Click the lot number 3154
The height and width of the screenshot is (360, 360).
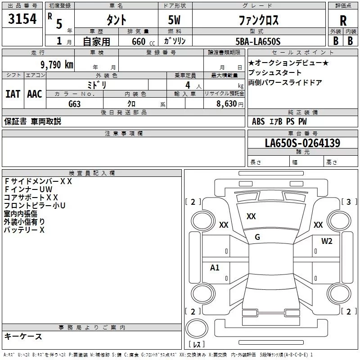pyautogui.click(x=22, y=19)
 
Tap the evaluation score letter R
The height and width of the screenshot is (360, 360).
pyautogui.click(x=343, y=21)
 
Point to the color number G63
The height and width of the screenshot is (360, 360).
pyautogui.click(x=75, y=103)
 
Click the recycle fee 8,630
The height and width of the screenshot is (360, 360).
pyautogui.click(x=226, y=103)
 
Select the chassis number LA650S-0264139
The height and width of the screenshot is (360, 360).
pyautogui.click(x=302, y=144)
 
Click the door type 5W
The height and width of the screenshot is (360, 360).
pyautogui.click(x=175, y=20)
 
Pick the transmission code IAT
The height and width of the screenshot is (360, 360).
pyautogui.click(x=13, y=94)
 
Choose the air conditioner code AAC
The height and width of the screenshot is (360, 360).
pyautogui.click(x=35, y=94)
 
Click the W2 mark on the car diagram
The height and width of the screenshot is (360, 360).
pyautogui.click(x=327, y=241)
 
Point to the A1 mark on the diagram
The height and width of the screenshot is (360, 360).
pyautogui.click(x=215, y=268)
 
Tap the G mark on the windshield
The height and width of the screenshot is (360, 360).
pyautogui.click(x=257, y=237)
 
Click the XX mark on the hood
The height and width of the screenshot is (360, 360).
pyautogui.click(x=251, y=216)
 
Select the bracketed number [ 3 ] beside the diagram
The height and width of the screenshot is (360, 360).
pyautogui.click(x=349, y=202)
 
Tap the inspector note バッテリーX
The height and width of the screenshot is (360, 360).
pyautogui.click(x=24, y=230)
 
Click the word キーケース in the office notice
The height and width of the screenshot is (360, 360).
pyautogui.click(x=23, y=336)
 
